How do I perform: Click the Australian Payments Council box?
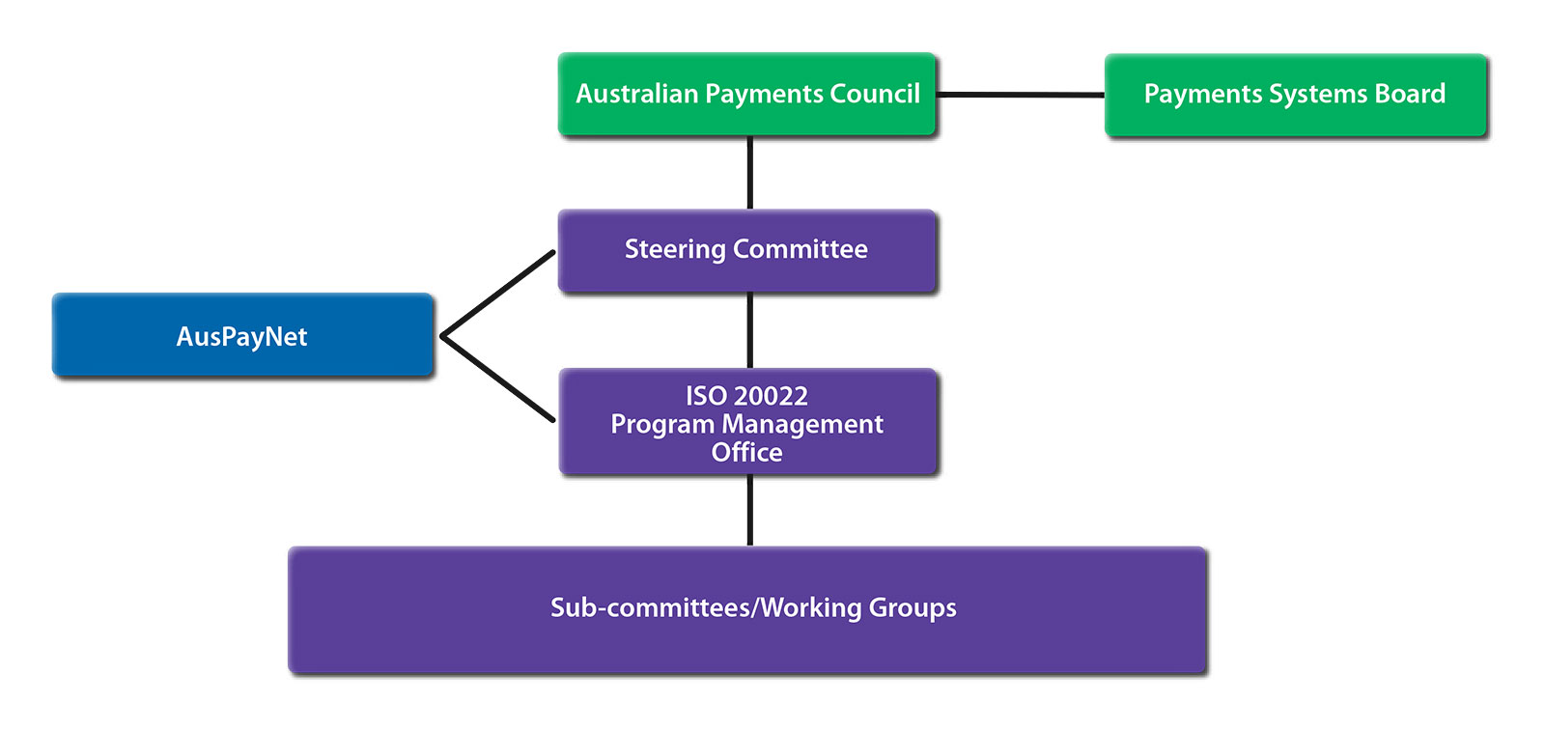746,94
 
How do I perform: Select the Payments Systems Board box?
1295,94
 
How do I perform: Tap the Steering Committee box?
746,249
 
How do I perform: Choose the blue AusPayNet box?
242,335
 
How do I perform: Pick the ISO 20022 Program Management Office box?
747,423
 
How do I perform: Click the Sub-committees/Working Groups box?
747,608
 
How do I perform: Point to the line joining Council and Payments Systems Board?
1021,95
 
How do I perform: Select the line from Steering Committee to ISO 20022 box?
750,330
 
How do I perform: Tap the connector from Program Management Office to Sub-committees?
750,510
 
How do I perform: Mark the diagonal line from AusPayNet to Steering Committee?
498,294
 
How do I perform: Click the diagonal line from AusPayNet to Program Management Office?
498,379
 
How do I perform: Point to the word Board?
1410,94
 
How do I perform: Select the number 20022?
771,396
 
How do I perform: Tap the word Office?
747,452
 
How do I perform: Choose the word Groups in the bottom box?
913,607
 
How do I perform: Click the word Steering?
674,249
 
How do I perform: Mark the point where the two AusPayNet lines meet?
442,336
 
